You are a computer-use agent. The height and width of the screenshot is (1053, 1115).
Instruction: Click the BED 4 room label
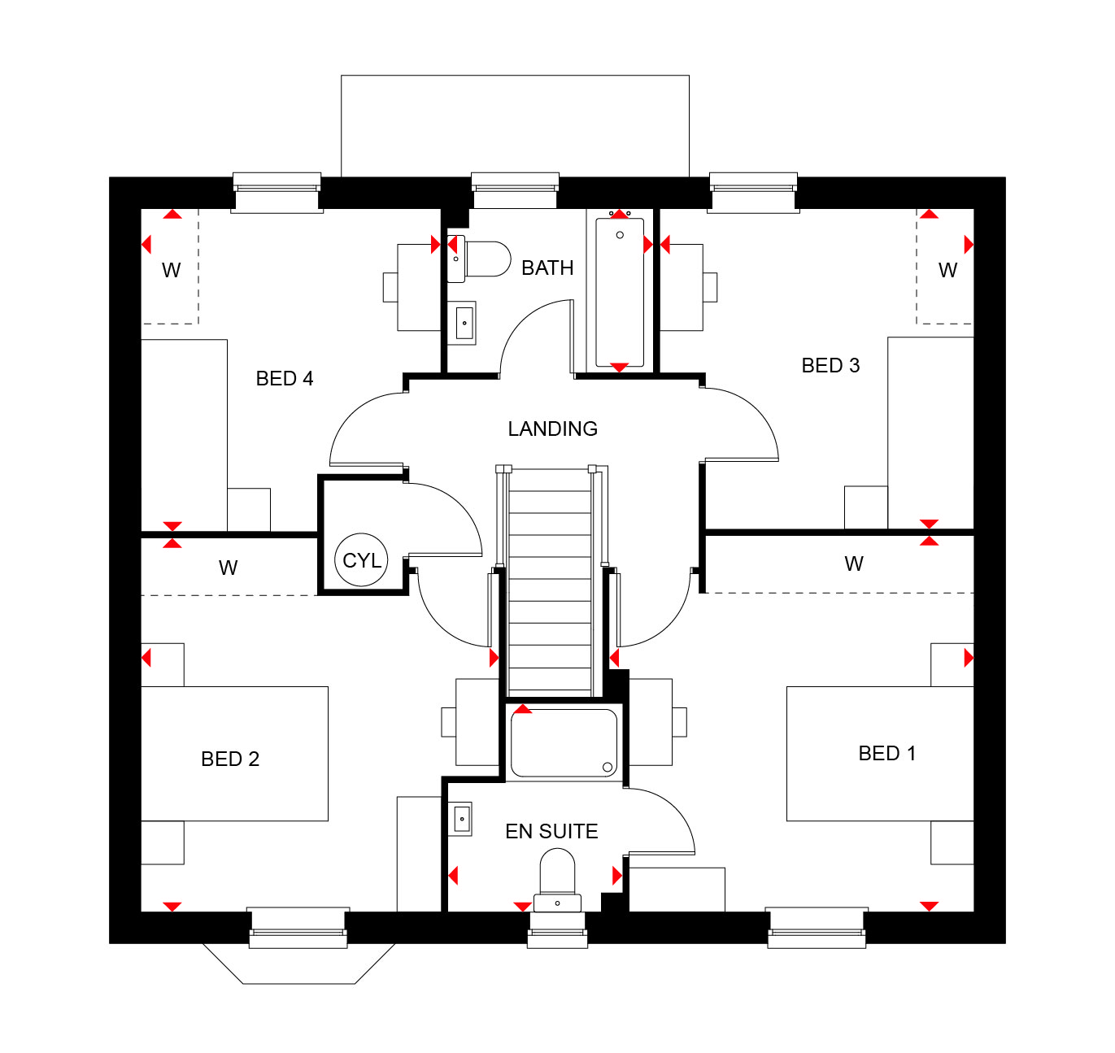coord(284,379)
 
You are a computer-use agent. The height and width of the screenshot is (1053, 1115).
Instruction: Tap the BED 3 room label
coord(830,366)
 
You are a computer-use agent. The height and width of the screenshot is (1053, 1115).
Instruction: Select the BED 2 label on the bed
coord(230,759)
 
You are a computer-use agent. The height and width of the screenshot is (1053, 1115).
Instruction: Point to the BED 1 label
coord(887,753)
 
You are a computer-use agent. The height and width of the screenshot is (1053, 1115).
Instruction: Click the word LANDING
coord(552,429)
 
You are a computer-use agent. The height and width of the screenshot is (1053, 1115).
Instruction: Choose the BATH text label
coord(547,268)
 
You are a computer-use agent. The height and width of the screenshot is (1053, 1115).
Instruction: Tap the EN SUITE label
coord(551,831)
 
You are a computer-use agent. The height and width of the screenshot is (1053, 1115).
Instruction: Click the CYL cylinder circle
coord(362,560)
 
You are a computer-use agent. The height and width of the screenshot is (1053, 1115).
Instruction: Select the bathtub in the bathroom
coord(619,292)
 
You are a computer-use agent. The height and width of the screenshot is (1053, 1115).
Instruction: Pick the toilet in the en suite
coord(557,880)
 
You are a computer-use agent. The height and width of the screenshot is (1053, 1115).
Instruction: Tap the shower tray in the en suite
coord(564,743)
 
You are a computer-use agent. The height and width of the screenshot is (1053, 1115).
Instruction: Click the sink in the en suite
coord(460,819)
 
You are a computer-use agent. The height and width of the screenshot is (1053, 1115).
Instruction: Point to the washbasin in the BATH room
coord(462,323)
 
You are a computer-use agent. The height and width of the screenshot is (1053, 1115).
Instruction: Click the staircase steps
coord(550,581)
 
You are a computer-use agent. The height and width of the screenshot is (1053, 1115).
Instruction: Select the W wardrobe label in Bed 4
coord(172,270)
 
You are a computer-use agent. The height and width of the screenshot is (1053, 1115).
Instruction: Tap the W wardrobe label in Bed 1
coord(853,563)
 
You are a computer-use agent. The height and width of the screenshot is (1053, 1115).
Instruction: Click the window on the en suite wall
coord(558,930)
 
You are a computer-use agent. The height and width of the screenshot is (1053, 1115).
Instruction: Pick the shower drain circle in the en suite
coord(607,767)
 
